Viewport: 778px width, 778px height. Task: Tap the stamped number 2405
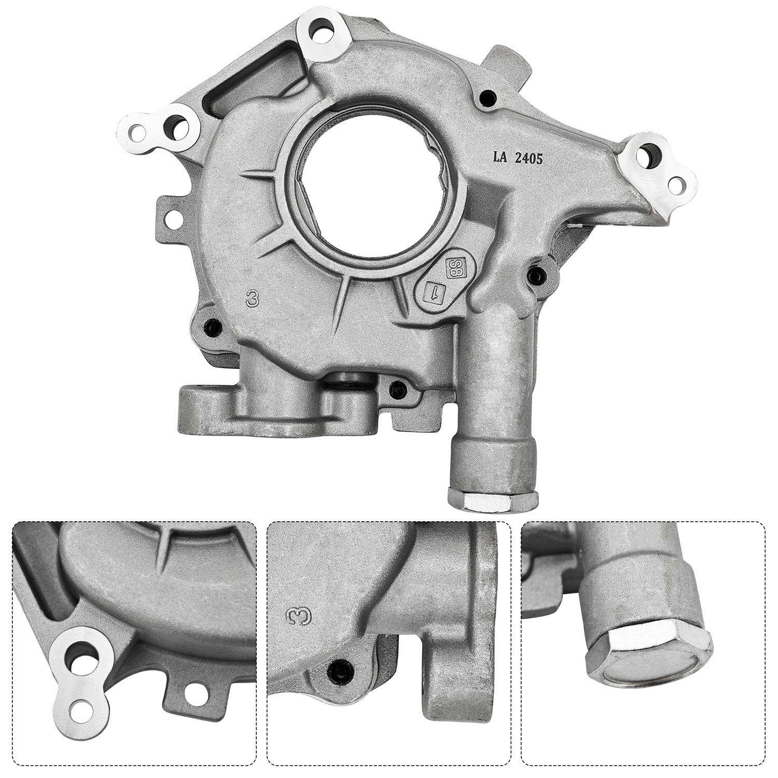[x=529, y=159]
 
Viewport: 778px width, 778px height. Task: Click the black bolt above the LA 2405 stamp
[x=486, y=96]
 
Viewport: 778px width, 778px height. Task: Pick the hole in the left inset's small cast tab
[x=193, y=691]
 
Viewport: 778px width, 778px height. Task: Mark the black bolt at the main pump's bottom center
[x=397, y=386]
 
